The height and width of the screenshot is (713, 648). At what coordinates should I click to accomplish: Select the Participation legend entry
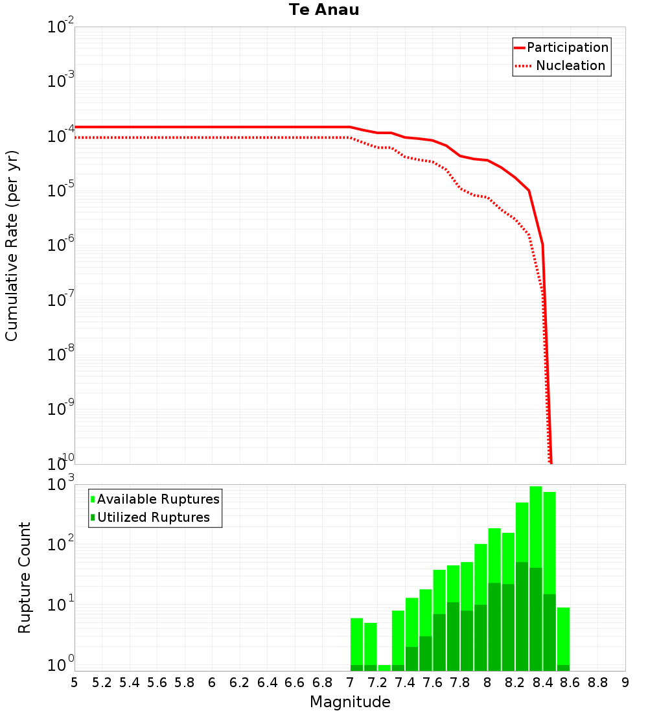click(567, 48)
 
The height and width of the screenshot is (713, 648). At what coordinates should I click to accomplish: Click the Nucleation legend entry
click(570, 66)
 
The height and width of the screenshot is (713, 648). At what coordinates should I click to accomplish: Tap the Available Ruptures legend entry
click(158, 499)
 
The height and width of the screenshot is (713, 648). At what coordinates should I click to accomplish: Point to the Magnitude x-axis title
click(350, 702)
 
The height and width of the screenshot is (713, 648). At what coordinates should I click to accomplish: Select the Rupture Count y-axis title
click(25, 578)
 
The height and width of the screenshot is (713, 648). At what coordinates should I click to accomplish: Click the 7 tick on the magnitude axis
click(350, 683)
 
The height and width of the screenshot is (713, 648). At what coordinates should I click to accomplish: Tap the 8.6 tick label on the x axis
click(570, 683)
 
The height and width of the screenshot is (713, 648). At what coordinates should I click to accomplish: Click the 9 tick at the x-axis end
click(625, 683)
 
